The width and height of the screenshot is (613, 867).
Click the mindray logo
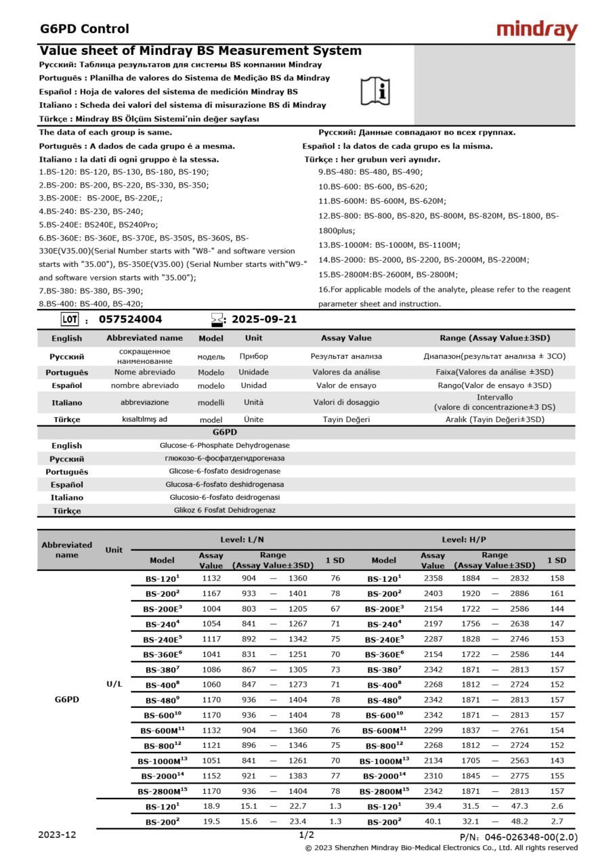coord(537,30)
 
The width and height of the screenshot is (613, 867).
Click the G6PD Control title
coord(85,28)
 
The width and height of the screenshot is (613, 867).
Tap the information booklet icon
coord(375,89)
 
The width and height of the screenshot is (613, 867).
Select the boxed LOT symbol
coord(69,320)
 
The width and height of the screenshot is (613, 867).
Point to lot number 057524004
coord(131,320)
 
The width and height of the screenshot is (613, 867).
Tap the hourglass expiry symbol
coord(217,320)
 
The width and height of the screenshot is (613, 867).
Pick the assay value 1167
coord(211,593)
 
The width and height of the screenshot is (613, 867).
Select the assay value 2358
coord(433,578)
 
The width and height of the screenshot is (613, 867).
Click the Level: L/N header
coord(242,540)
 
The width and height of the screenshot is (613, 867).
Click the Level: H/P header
coord(464,540)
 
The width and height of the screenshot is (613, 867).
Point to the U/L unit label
coord(114,684)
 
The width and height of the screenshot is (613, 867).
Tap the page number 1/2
coord(306,835)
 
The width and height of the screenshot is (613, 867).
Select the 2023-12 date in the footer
coord(58,835)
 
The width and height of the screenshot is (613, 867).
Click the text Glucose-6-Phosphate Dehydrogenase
coord(224,446)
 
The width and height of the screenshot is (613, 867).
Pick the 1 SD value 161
coord(557,593)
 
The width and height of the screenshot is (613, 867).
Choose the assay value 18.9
coord(211,806)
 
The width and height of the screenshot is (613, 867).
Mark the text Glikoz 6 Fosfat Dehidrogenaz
coord(224,510)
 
